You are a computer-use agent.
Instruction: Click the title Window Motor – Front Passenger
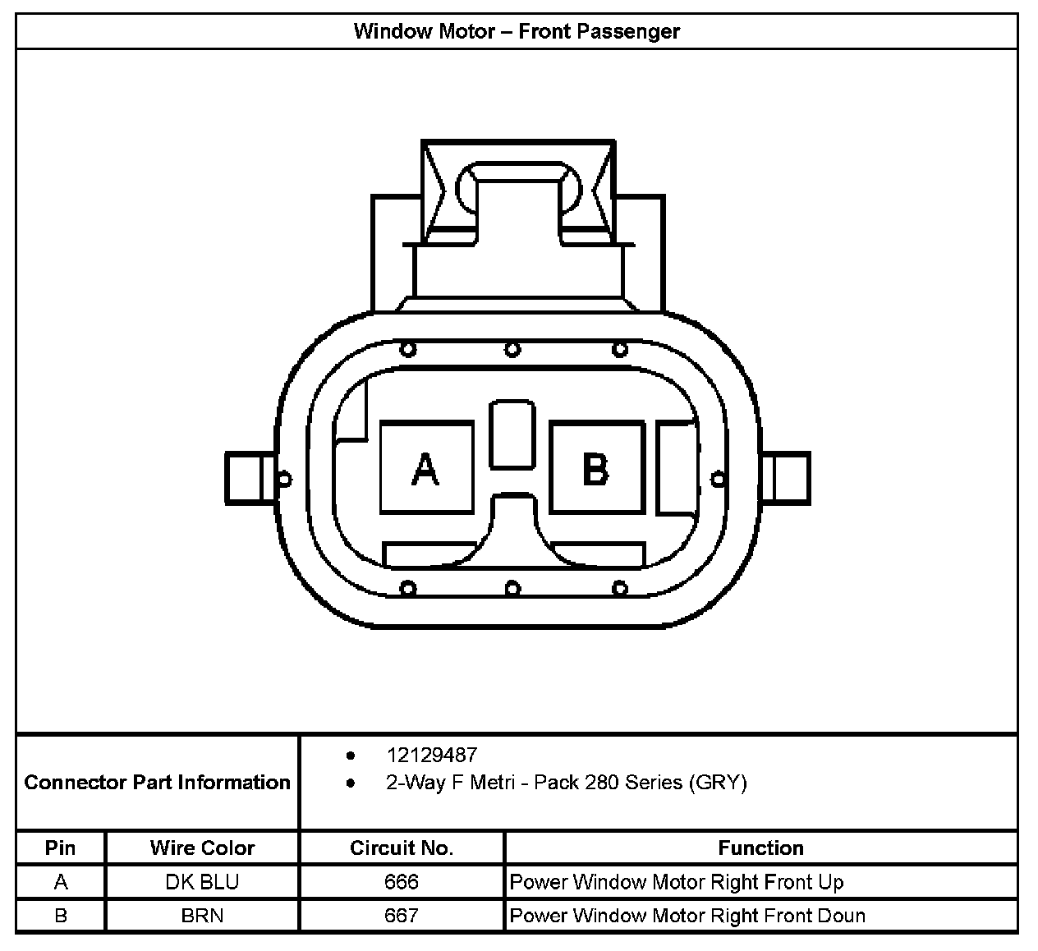coord(517,32)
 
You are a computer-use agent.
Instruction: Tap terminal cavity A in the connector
coord(426,468)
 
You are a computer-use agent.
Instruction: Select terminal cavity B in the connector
coord(596,468)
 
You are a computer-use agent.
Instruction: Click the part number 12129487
coord(431,755)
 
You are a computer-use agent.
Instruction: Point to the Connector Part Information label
coord(157,782)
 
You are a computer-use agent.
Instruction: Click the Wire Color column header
coord(202,848)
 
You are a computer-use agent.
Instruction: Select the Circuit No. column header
coord(402,848)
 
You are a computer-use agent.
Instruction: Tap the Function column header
coord(760,848)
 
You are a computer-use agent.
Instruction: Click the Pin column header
coord(61,848)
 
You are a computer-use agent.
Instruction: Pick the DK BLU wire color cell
coord(202,882)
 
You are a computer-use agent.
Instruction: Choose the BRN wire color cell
coord(202,915)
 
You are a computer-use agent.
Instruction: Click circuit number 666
coord(402,882)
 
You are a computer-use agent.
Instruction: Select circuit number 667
coord(402,915)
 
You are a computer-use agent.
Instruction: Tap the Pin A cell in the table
coord(61,882)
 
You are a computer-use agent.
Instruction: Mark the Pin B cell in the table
coord(61,915)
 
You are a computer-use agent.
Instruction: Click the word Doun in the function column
coord(842,915)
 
